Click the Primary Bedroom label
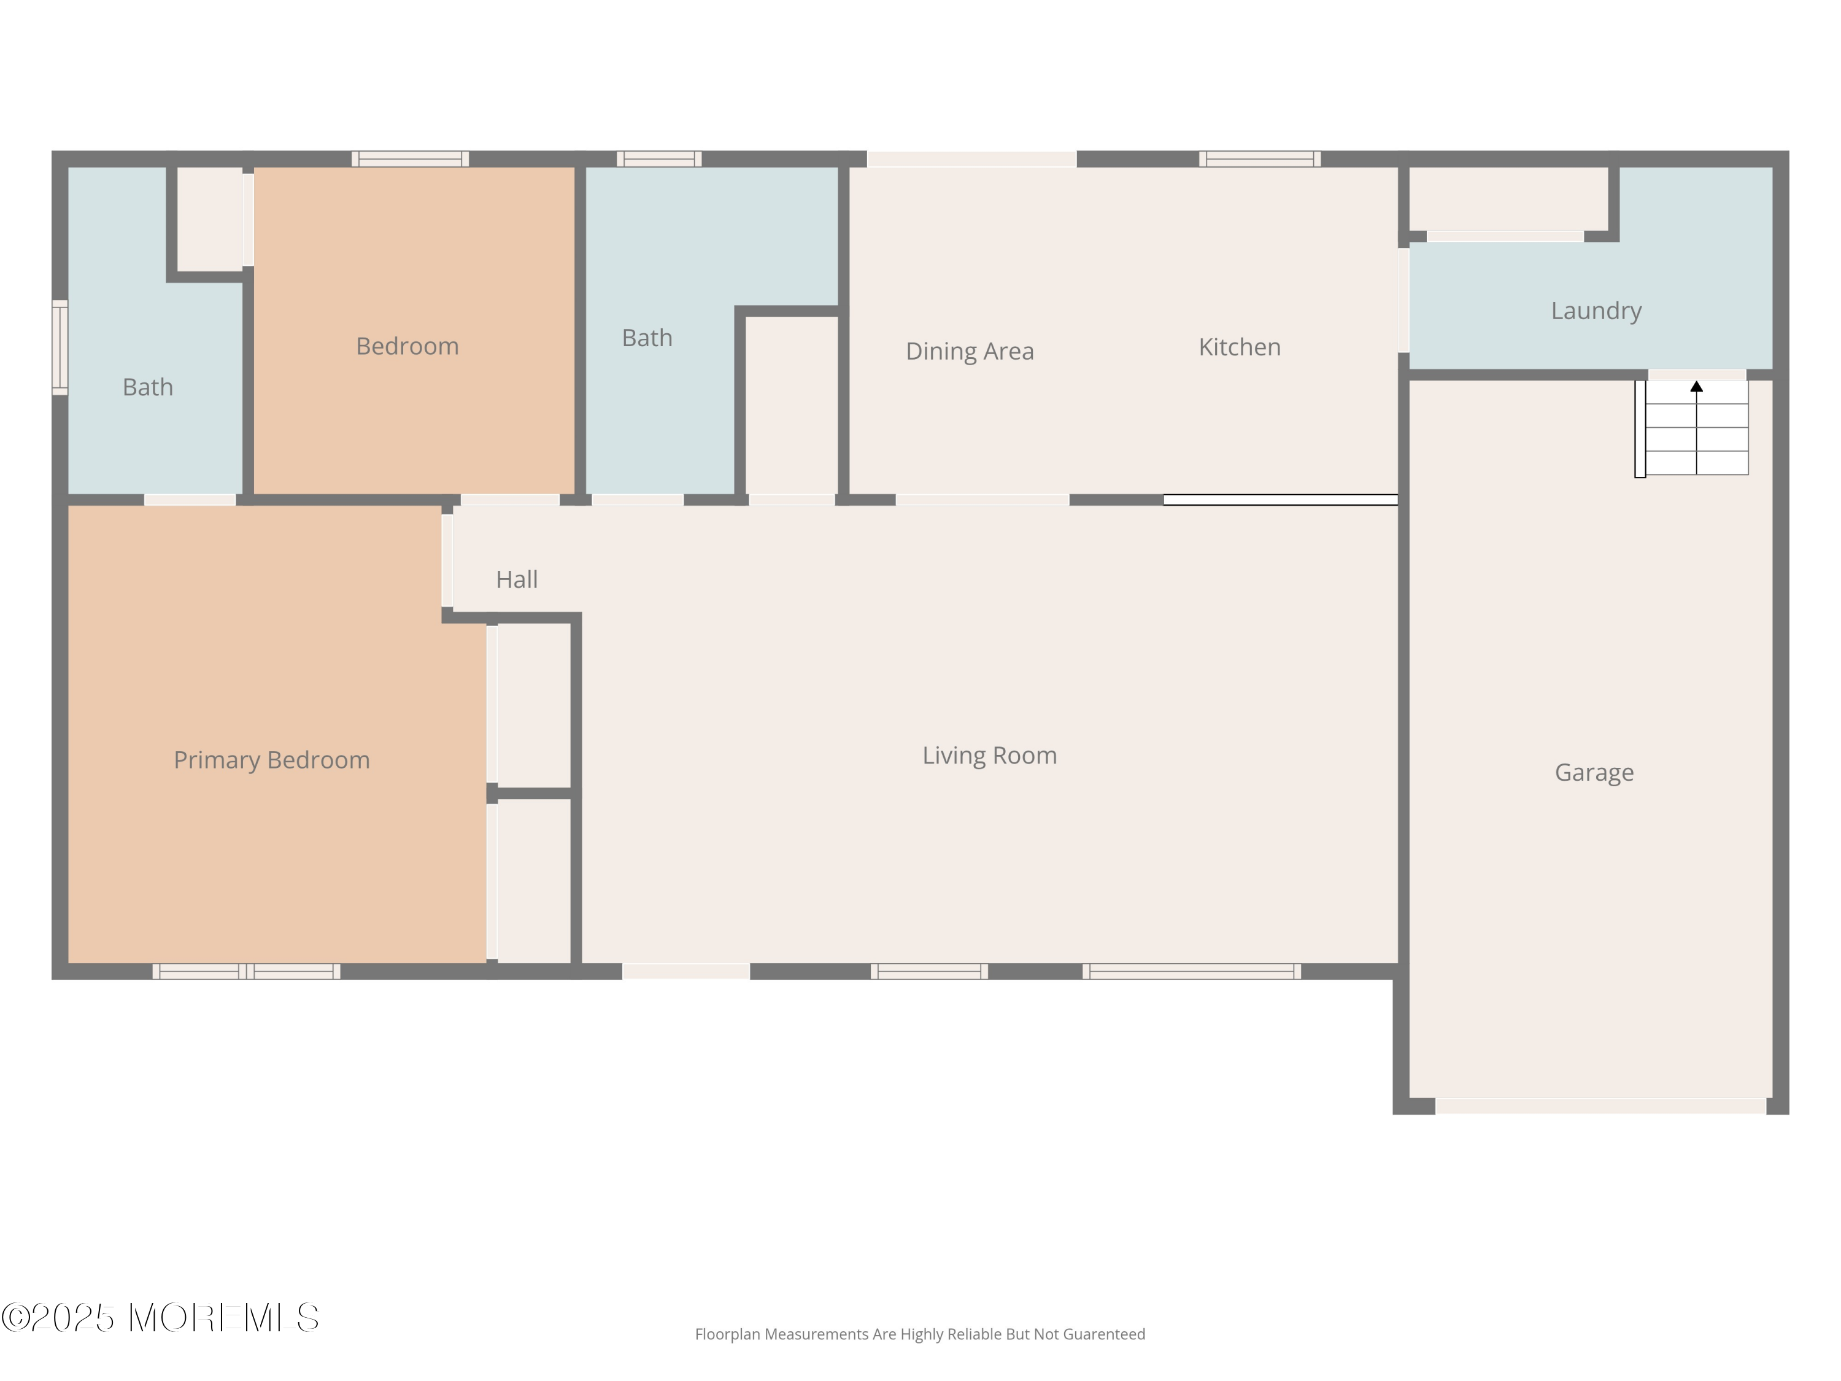point(271,760)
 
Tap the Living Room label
point(990,755)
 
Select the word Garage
point(1594,773)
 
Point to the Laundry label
point(1596,311)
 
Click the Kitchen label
point(1239,347)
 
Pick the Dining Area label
point(970,351)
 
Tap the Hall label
point(517,579)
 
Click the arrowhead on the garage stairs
point(1696,386)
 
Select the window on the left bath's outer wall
point(60,347)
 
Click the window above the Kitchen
point(1259,159)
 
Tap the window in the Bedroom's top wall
point(409,159)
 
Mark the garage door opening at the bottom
point(1600,1105)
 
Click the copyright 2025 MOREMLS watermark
point(160,1318)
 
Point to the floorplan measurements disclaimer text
point(920,1334)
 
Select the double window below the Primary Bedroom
point(246,972)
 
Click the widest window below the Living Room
point(1191,972)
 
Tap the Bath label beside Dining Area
point(647,338)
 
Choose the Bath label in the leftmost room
point(147,387)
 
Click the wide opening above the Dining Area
point(971,159)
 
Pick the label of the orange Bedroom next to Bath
point(407,346)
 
